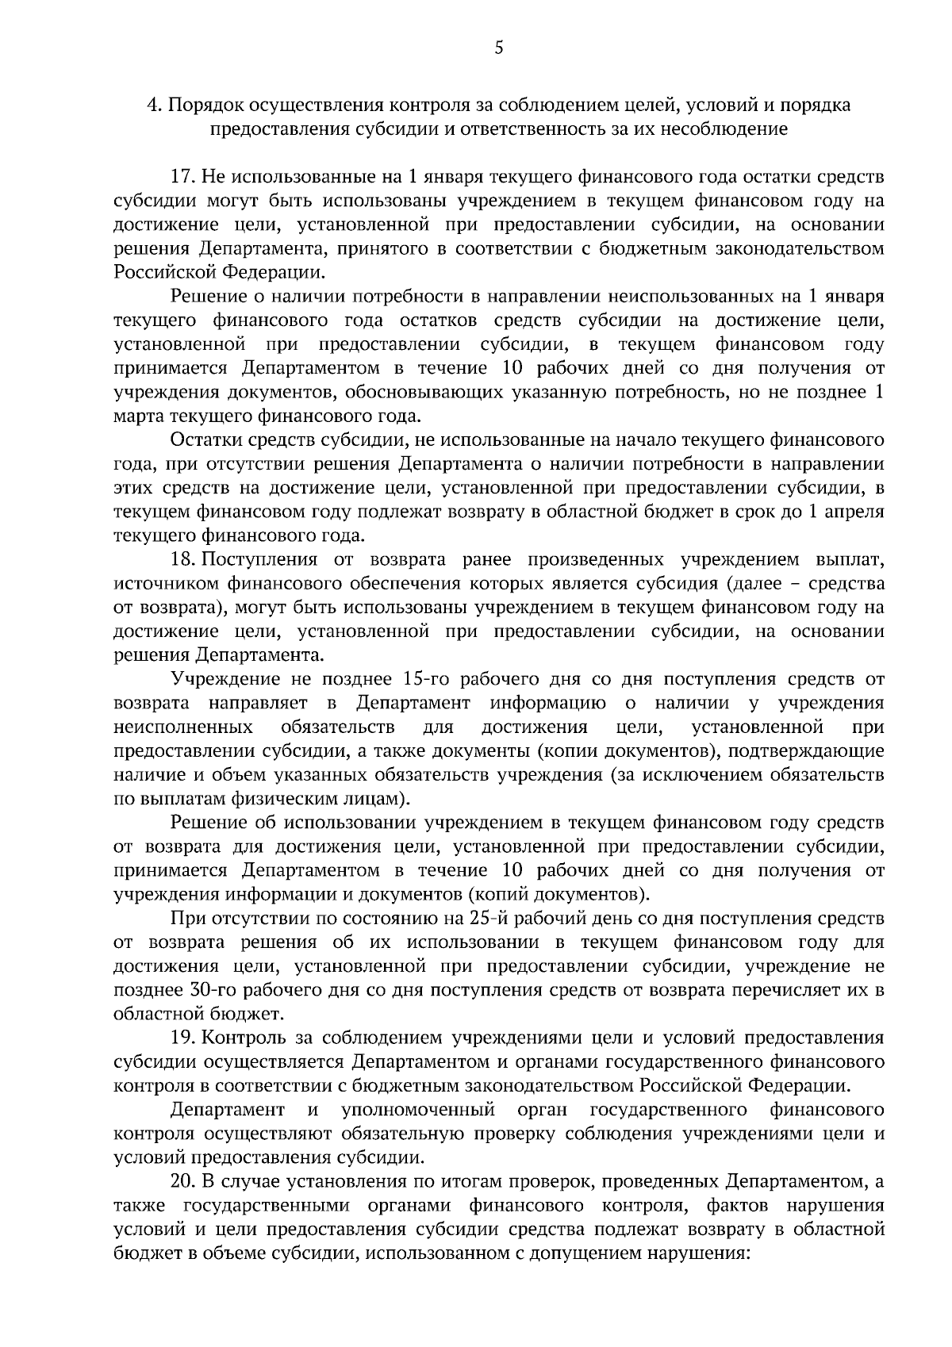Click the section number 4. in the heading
point(155,105)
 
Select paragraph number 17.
point(183,176)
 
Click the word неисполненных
point(183,727)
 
